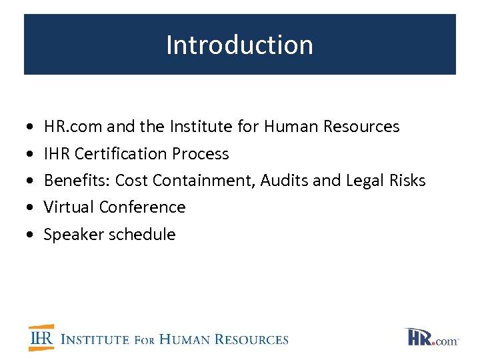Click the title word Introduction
point(239,45)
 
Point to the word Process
point(200,153)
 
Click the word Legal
point(366,181)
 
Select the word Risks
point(408,181)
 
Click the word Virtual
point(69,207)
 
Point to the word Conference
point(142,207)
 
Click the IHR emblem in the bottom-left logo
point(41,338)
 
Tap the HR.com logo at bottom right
point(432,337)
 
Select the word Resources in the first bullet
point(361,126)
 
